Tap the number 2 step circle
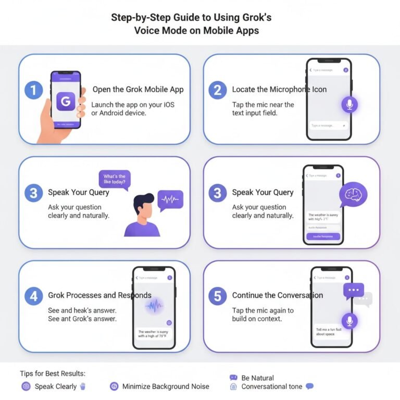click(218, 91)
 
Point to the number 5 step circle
click(218, 296)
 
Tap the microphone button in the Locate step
click(349, 105)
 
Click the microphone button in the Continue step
click(349, 321)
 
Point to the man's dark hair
click(144, 199)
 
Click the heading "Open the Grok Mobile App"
click(138, 90)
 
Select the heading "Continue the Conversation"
click(278, 295)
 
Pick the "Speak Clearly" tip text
click(55, 386)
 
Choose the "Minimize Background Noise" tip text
click(166, 386)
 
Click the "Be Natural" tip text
click(257, 378)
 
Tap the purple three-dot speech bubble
click(353, 290)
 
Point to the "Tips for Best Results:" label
click(52, 374)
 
